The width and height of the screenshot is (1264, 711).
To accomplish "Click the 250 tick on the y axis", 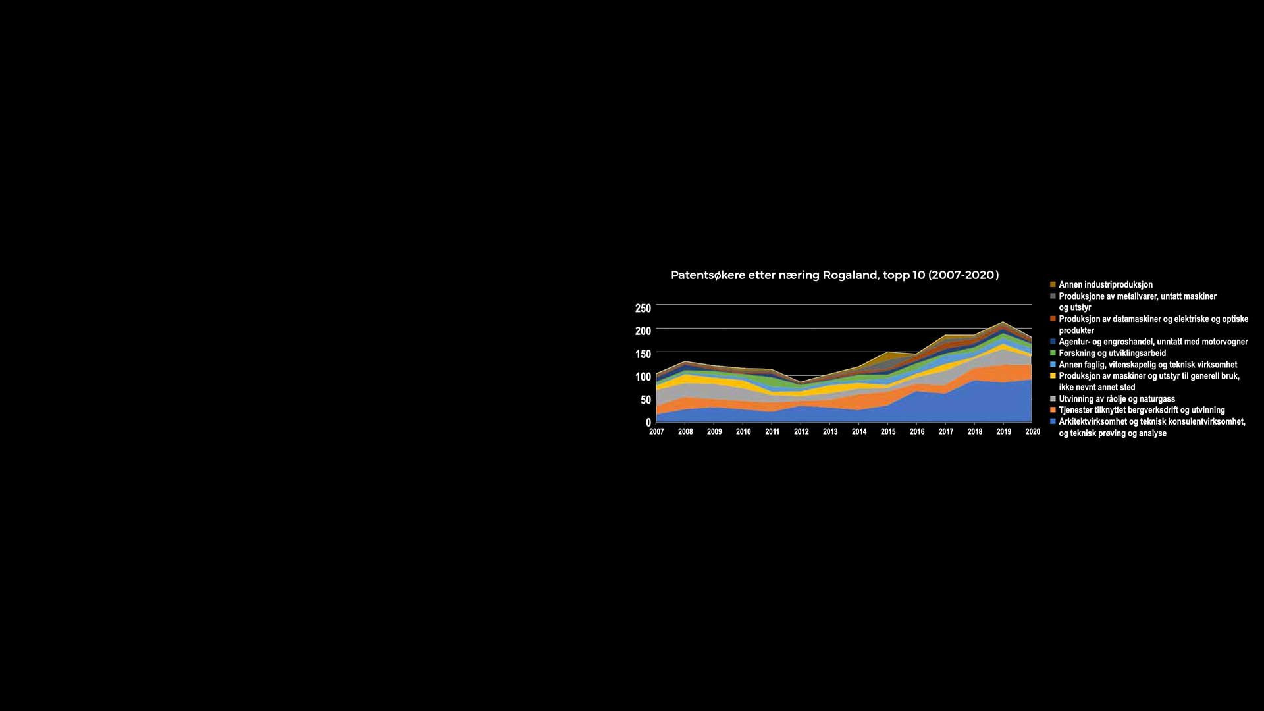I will coord(643,308).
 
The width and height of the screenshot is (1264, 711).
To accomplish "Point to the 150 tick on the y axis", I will coord(643,354).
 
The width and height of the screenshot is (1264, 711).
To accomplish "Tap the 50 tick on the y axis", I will coord(646,400).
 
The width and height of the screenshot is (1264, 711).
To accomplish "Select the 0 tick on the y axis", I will coord(648,422).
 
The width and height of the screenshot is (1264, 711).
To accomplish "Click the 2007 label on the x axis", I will coord(656,432).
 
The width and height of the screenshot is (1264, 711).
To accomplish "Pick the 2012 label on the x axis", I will coord(801,432).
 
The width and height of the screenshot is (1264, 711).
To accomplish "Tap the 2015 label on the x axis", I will coord(888,432).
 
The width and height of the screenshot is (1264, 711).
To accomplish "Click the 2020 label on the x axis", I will coord(1032,432).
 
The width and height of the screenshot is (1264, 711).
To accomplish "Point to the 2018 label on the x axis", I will coord(975,432).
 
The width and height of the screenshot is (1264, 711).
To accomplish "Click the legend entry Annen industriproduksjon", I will coord(1105,285).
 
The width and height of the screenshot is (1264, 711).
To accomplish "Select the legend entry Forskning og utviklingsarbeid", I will coord(1112,354).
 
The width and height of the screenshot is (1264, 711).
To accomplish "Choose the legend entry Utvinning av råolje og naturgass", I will coord(1117,399).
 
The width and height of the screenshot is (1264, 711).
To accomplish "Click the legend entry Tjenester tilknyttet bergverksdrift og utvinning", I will coord(1142,410).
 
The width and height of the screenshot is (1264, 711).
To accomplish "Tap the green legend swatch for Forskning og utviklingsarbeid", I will coord(1053,354).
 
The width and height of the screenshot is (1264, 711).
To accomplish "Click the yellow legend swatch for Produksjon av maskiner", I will coord(1053,376).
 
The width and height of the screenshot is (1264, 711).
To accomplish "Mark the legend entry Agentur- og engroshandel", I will coord(1153,342).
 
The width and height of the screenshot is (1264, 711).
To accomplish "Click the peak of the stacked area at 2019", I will coord(1003,323).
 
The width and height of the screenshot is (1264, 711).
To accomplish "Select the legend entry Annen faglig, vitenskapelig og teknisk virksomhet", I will coord(1147,365).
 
